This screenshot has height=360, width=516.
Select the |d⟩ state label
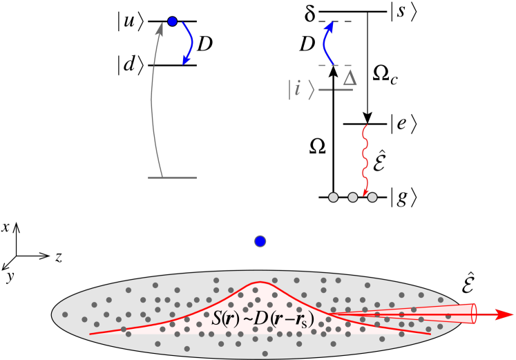coord(131,66)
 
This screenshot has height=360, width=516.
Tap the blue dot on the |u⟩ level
coord(173,21)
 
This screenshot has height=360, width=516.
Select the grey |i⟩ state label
coord(301,90)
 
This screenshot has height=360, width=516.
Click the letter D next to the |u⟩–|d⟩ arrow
coord(204,45)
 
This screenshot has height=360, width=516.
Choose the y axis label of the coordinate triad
coord(9,276)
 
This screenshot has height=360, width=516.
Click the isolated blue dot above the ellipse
coord(260,240)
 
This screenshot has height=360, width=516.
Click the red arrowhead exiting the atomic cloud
coord(504,314)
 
